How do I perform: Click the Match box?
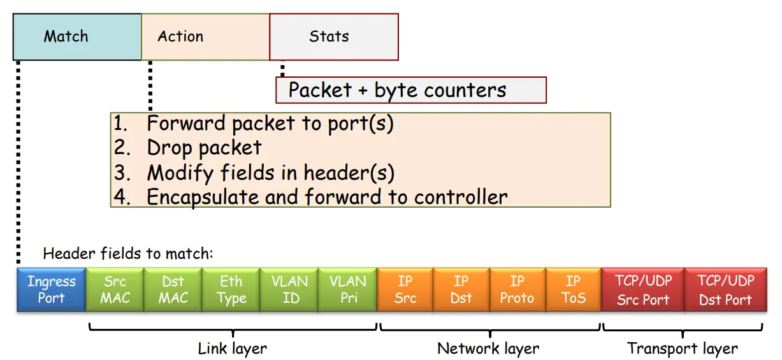point(77,37)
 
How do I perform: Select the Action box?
point(206,37)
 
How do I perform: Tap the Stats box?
point(334,37)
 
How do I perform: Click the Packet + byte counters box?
point(411,90)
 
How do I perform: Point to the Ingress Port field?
point(52,289)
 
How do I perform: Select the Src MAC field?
point(115,289)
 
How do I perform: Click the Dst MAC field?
point(173,289)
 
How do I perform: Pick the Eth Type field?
point(231,289)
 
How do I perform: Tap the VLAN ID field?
point(289,289)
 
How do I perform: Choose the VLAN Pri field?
point(348,289)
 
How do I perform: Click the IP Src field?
point(405,289)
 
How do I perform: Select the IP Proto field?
point(518,289)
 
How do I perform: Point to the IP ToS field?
point(574,289)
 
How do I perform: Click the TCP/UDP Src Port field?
point(643,289)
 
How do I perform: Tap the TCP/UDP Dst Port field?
point(726,289)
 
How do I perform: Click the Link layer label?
point(233,349)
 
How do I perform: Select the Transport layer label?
point(683,349)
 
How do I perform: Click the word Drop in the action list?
point(169,148)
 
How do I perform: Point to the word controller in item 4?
point(461,197)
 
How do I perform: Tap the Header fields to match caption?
point(127,254)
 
